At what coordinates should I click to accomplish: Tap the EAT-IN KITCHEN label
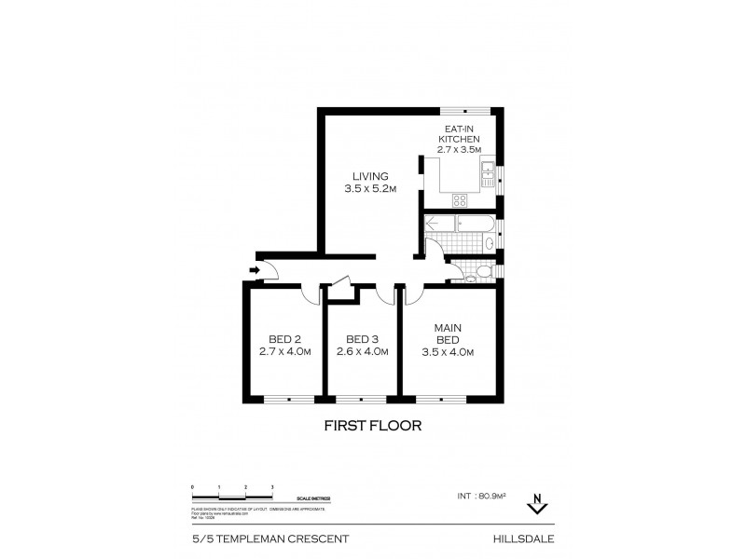[459, 138]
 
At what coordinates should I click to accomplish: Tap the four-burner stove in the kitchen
[462, 199]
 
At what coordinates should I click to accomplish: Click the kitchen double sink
[489, 170]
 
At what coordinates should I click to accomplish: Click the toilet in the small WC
[476, 273]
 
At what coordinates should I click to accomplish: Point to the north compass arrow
[535, 504]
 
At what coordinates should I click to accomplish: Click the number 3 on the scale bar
[271, 487]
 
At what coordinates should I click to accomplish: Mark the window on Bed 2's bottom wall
[289, 400]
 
